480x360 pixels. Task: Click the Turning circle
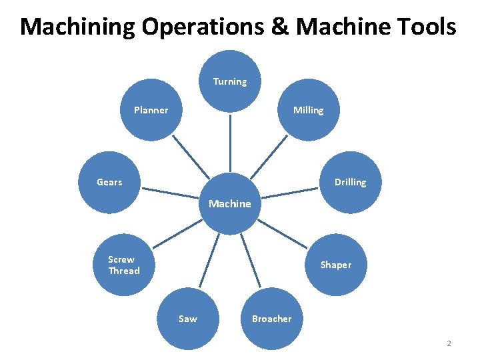tap(230, 81)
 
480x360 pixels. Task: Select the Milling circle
tap(308, 110)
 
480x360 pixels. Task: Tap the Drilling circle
tap(350, 182)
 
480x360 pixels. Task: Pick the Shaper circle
tap(335, 265)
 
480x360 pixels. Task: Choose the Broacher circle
tap(271, 319)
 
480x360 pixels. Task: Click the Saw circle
tap(188, 319)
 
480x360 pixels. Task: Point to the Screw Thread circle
tap(124, 265)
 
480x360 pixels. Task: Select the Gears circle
tap(109, 182)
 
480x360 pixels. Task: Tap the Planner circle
tap(151, 110)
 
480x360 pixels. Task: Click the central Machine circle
tap(230, 203)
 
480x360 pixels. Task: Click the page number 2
tap(449, 344)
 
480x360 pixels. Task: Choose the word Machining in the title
tap(78, 27)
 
